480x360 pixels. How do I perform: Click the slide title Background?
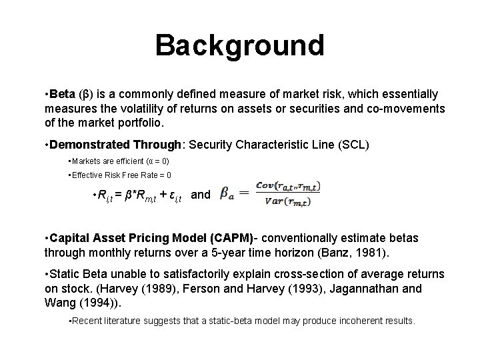click(239, 45)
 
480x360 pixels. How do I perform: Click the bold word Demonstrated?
click(89, 145)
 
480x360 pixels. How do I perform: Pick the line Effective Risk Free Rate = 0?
click(121, 175)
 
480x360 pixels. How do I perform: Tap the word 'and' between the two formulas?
click(201, 195)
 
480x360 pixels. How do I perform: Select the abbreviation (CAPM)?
click(232, 239)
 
